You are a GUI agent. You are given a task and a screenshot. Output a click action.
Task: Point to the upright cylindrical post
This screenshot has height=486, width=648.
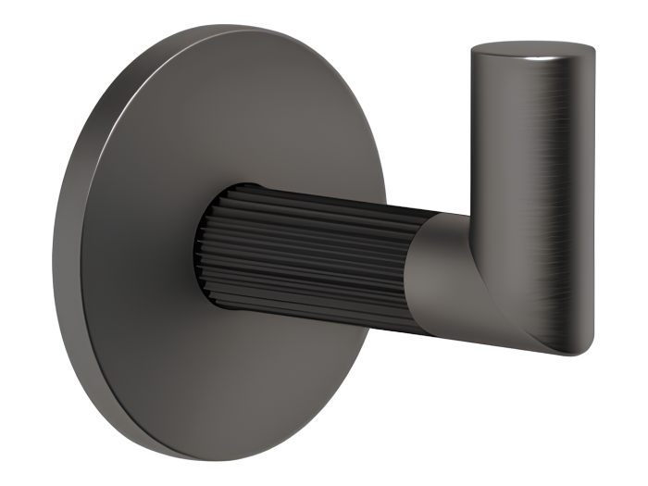click(532, 185)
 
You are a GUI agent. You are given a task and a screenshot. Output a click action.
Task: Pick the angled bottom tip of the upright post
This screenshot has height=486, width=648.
click(565, 347)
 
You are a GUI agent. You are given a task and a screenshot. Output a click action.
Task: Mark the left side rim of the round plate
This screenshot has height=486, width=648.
click(63, 250)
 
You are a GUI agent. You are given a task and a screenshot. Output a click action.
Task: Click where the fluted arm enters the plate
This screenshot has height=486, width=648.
click(206, 245)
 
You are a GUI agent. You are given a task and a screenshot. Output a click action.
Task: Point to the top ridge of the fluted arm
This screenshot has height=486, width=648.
click(315, 196)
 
